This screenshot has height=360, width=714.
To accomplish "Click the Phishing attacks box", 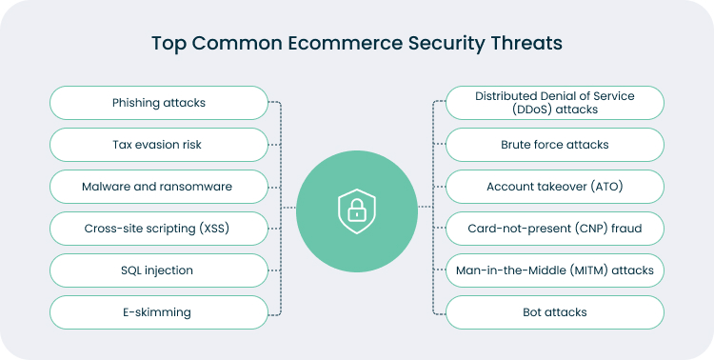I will (158, 103).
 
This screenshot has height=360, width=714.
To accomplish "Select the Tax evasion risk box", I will (158, 145).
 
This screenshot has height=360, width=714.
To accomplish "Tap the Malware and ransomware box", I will (158, 187).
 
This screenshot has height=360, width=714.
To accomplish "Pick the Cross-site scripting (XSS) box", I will (158, 229).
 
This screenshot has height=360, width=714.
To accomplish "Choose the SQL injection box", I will (158, 270).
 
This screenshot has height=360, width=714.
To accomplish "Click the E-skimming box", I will (158, 312).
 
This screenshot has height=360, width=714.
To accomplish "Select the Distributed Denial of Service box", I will (554, 103).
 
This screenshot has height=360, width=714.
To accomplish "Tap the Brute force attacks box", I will (554, 145).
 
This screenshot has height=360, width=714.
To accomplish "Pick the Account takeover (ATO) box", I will (554, 187).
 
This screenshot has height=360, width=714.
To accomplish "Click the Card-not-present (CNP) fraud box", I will (554, 229).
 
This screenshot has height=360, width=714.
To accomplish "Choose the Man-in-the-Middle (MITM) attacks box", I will (554, 270).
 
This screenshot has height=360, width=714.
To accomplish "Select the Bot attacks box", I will (554, 312).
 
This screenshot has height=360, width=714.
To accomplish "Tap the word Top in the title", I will (166, 44).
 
